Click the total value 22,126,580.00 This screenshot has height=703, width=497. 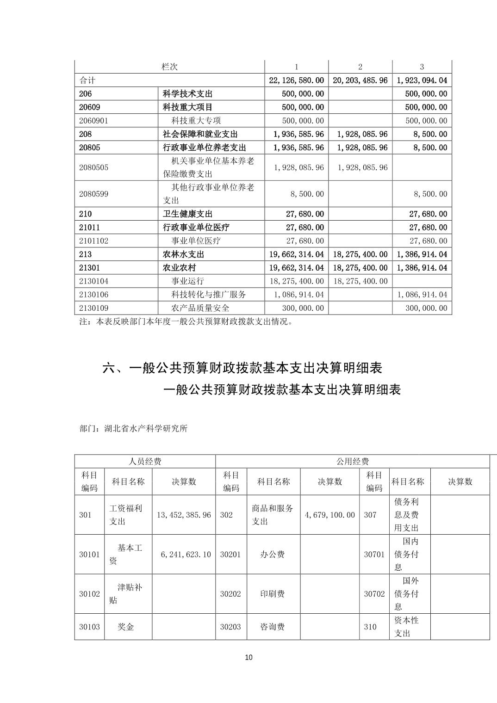point(296,80)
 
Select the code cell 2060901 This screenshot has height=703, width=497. point(99,121)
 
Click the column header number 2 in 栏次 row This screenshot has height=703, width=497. point(360,67)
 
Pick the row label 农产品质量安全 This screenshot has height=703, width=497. point(200,308)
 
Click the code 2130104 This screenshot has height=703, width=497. point(93,281)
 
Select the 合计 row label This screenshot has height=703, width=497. point(87,80)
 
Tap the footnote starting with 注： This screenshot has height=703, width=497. point(186,322)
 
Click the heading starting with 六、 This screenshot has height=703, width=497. point(242,368)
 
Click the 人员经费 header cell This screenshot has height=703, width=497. point(145,462)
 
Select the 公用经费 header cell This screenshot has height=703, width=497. point(352,462)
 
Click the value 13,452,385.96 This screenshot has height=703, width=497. point(184,515)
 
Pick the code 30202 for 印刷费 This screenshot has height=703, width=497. point(230,594)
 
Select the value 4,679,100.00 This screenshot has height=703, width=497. point(330,515)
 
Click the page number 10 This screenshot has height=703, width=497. point(248,658)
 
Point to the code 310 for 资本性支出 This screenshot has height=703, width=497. point(370,627)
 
